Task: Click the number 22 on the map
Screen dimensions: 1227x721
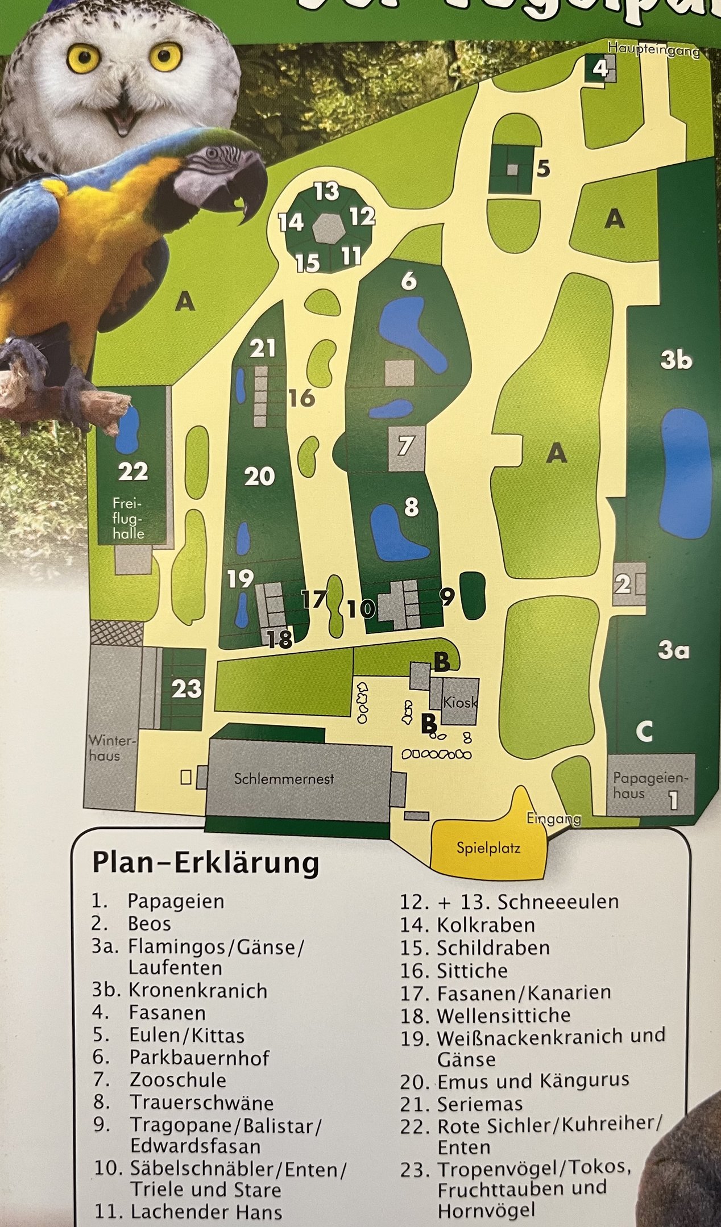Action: [x=133, y=471]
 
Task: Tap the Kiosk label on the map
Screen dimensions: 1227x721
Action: [x=459, y=703]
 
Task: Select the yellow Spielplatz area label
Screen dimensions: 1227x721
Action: [x=488, y=849]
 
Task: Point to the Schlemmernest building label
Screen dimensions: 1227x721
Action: [x=284, y=779]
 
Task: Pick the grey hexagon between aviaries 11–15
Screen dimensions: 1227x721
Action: [x=329, y=229]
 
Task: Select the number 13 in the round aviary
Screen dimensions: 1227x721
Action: [x=327, y=191]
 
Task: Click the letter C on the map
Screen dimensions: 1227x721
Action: [x=644, y=732]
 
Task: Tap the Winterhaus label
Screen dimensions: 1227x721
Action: [x=112, y=749]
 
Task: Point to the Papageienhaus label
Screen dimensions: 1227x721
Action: [x=650, y=786]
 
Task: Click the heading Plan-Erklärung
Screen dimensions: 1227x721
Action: [x=205, y=863]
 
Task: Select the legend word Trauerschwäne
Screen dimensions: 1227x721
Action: [x=202, y=1103]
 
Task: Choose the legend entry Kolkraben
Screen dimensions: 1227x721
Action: [x=486, y=925]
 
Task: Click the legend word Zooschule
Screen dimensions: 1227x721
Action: [x=178, y=1080]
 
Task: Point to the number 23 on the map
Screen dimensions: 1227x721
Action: [x=187, y=689]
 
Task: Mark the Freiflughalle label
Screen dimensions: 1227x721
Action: [x=128, y=519]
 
